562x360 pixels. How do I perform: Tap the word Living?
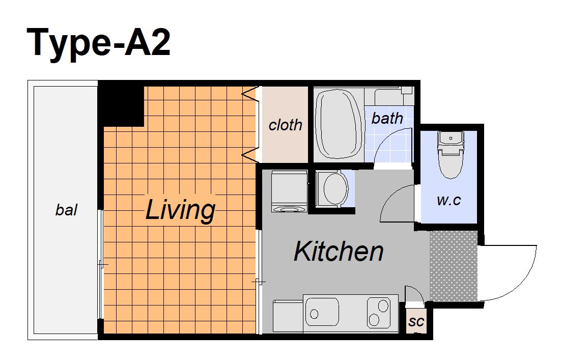click(180, 210)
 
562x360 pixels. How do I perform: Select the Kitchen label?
click(339, 252)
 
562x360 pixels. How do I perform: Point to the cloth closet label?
click(285, 125)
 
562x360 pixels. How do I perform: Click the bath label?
click(387, 118)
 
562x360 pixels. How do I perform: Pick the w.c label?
click(448, 200)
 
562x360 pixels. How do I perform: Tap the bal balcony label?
click(66, 210)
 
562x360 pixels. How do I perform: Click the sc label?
click(416, 321)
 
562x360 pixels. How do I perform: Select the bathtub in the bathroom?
click(339, 124)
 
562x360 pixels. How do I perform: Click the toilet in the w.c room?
click(451, 155)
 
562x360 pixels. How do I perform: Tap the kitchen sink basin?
click(322, 312)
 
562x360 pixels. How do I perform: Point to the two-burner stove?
click(379, 312)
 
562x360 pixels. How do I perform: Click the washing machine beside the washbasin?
click(290, 192)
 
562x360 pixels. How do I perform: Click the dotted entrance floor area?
click(454, 266)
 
